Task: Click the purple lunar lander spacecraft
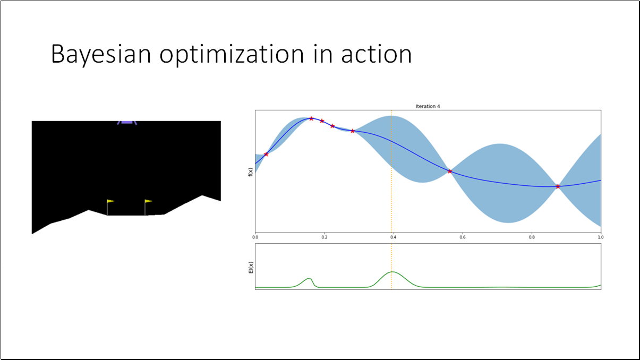pyautogui.click(x=127, y=121)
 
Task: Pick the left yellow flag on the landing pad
pyautogui.click(x=110, y=201)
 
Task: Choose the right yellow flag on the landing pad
pyautogui.click(x=148, y=201)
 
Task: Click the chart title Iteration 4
pyautogui.click(x=428, y=106)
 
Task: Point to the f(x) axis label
pyautogui.click(x=250, y=171)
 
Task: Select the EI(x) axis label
pyautogui.click(x=250, y=268)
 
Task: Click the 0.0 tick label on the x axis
pyautogui.click(x=255, y=237)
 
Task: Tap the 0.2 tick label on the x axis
pyautogui.click(x=324, y=237)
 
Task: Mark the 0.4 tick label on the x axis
pyautogui.click(x=393, y=237)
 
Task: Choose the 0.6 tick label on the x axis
pyautogui.click(x=462, y=237)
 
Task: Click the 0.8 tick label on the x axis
pyautogui.click(x=532, y=237)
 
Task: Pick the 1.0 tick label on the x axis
pyautogui.click(x=600, y=237)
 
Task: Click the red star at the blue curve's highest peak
pyautogui.click(x=311, y=118)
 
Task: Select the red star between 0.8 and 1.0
pyautogui.click(x=558, y=186)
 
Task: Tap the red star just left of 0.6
pyautogui.click(x=450, y=171)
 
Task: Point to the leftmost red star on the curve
pyautogui.click(x=266, y=154)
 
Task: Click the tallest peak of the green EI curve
pyautogui.click(x=391, y=272)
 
